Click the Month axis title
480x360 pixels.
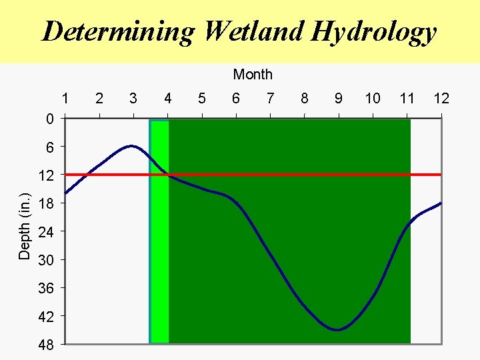click(x=253, y=75)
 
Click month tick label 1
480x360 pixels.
click(x=65, y=99)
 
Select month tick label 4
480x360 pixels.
click(x=168, y=99)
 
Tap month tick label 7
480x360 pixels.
click(x=270, y=99)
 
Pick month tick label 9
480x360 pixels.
click(x=339, y=99)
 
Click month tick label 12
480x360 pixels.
click(x=441, y=99)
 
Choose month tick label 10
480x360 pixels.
click(x=373, y=99)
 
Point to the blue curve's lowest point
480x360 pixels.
click(x=337, y=329)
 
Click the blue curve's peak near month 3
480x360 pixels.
click(x=132, y=145)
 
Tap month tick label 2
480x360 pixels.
click(x=99, y=99)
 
